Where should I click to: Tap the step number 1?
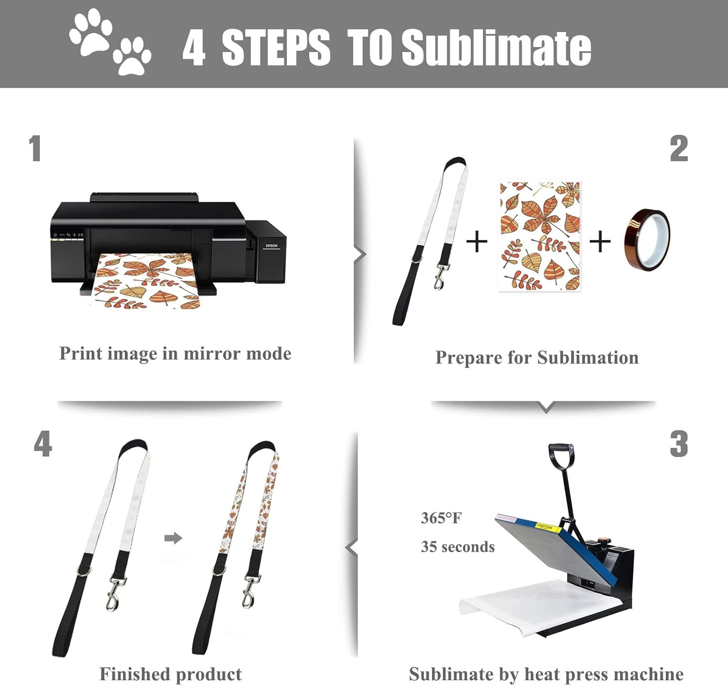(35, 148)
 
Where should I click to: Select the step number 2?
(678, 148)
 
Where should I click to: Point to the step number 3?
(678, 444)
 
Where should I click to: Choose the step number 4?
(43, 443)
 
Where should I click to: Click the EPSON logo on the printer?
(272, 245)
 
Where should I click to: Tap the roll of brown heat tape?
(647, 240)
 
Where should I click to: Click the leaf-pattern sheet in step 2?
(540, 236)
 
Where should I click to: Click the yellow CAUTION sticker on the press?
(549, 528)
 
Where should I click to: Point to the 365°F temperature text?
(441, 518)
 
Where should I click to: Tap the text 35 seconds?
(458, 547)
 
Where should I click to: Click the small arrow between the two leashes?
(173, 539)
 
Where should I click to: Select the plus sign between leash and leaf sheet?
(477, 242)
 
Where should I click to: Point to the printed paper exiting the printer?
(147, 280)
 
